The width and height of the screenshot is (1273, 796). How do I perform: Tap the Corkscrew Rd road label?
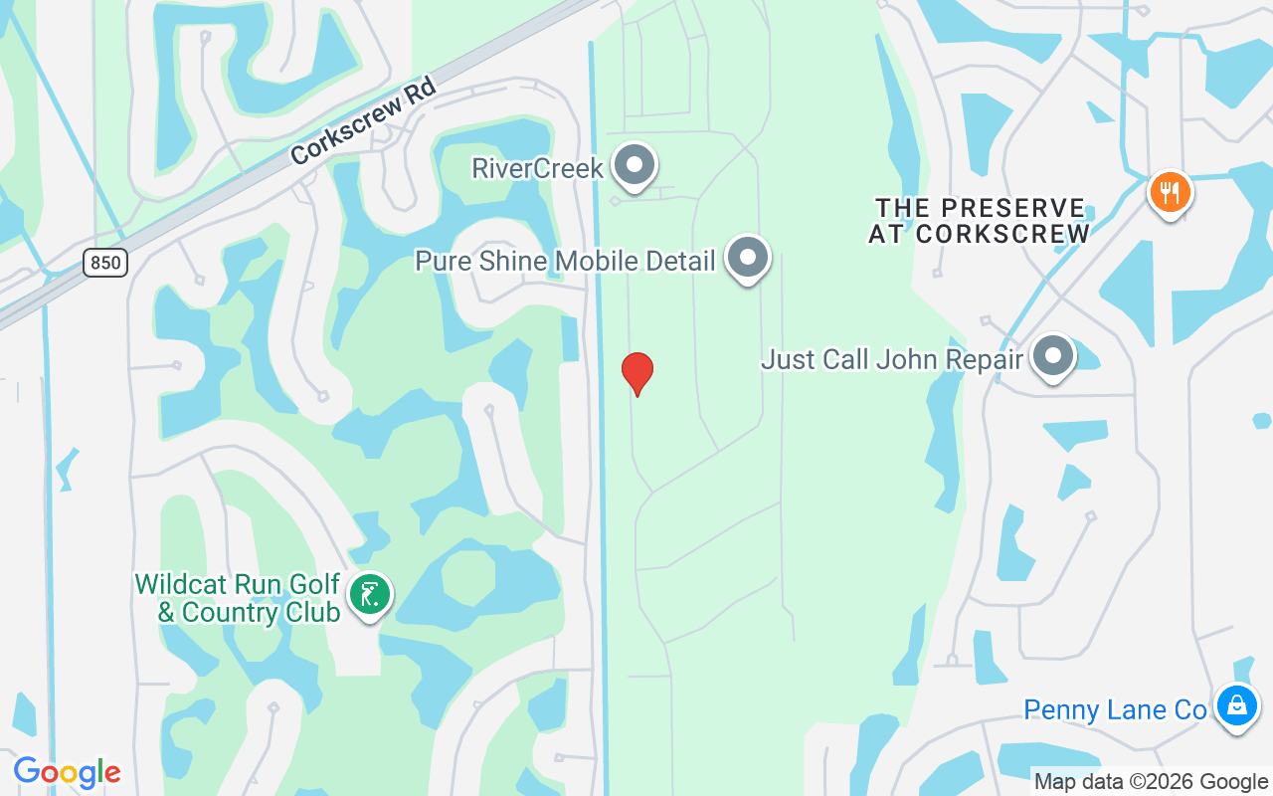(x=364, y=122)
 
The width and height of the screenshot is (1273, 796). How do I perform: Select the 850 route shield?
(x=104, y=263)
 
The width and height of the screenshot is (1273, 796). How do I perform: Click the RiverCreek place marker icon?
(x=634, y=165)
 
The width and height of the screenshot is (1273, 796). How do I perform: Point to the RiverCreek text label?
(x=537, y=168)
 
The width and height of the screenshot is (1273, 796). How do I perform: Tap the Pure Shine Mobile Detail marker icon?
(x=747, y=258)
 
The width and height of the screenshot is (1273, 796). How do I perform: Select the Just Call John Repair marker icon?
(x=1052, y=355)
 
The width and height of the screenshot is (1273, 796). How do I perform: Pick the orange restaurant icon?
(x=1170, y=192)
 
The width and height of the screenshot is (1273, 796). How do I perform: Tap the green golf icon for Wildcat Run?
(x=370, y=595)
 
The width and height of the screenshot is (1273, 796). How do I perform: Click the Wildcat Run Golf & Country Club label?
(x=238, y=598)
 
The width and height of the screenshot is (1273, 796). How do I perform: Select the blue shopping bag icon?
(x=1236, y=705)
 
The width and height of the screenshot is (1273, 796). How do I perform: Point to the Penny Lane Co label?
(x=1115, y=710)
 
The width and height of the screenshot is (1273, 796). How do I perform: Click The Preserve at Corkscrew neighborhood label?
(x=980, y=221)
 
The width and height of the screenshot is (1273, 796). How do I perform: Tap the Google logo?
(x=67, y=771)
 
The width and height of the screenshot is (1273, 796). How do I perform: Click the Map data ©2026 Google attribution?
(x=1151, y=782)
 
